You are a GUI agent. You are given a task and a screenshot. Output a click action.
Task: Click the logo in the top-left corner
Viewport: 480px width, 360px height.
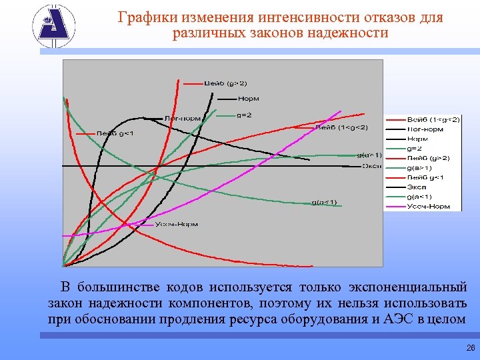pyautogui.click(x=54, y=27)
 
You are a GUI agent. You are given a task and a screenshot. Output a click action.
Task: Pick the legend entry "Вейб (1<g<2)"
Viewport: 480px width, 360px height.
pyautogui.click(x=433, y=119)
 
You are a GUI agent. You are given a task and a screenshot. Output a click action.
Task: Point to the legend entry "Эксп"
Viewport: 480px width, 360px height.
pyautogui.click(x=417, y=187)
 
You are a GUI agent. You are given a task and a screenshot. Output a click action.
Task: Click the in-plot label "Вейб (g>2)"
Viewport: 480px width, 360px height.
pyautogui.click(x=225, y=84)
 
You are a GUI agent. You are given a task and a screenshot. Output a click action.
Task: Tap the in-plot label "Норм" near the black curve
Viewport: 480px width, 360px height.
pyautogui.click(x=248, y=99)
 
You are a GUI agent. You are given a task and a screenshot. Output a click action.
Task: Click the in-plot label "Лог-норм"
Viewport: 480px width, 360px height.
pyautogui.click(x=182, y=119)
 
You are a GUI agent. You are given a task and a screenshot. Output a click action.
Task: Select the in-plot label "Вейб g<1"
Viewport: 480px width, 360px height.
pyautogui.click(x=115, y=133)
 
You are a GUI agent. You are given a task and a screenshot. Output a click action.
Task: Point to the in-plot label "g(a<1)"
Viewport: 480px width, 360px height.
pyautogui.click(x=325, y=202)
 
